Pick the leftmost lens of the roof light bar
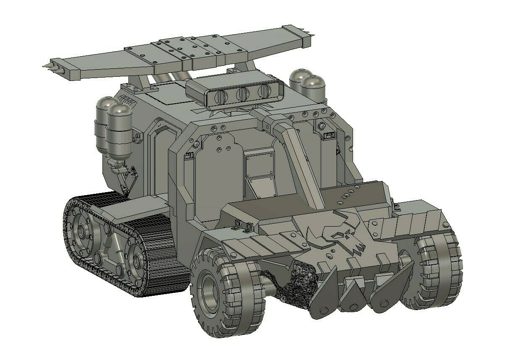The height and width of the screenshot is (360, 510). coord(219,98)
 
